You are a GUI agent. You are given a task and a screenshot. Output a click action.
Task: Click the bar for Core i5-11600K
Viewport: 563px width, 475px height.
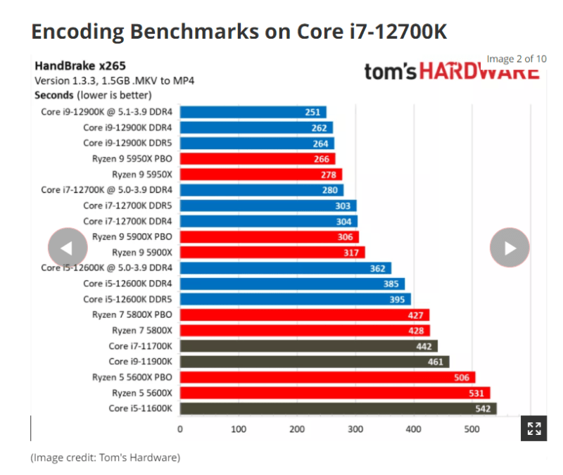[x=338, y=408]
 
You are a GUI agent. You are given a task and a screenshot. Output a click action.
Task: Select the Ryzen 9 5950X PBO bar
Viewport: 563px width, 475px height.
[x=257, y=159]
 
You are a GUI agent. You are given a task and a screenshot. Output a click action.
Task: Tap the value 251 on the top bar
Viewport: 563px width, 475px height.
[x=312, y=112]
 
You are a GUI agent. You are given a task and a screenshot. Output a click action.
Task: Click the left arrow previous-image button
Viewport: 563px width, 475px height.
[x=68, y=248]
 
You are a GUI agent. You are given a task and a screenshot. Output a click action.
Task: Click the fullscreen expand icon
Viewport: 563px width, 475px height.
[x=533, y=428]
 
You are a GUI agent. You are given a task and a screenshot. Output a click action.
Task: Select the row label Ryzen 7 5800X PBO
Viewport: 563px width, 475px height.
[x=133, y=315]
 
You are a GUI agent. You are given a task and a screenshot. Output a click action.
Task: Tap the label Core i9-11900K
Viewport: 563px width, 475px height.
[x=141, y=361]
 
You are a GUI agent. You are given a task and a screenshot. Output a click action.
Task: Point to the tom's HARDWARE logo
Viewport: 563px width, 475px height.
[x=450, y=72]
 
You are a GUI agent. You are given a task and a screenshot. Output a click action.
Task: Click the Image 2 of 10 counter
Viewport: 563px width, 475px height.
[x=516, y=59]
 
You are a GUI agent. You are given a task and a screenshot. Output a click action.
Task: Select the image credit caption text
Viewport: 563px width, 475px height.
[x=105, y=458]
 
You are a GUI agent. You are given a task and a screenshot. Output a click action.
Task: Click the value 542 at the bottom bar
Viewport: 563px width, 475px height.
[x=483, y=408]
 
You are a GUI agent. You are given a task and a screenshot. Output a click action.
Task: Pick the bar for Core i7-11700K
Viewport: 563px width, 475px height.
[x=308, y=346]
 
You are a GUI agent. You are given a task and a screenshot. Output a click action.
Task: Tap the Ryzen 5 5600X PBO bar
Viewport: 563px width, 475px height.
[x=327, y=377]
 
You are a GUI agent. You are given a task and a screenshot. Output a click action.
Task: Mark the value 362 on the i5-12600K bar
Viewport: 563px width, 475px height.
[x=377, y=268]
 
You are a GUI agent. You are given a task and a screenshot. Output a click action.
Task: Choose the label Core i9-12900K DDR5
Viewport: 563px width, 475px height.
[x=127, y=144]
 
